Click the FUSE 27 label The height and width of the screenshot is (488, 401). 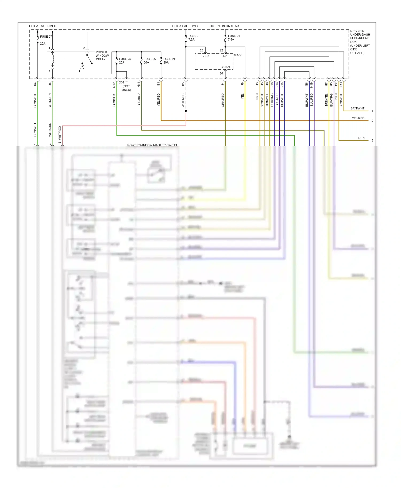click(x=46, y=37)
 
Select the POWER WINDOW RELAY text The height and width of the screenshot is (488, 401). click(x=102, y=56)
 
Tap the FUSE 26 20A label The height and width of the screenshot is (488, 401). click(x=125, y=61)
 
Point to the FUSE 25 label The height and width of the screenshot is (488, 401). click(x=149, y=59)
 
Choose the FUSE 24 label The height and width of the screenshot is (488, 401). click(x=169, y=59)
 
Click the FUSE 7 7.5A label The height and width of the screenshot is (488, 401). click(x=193, y=38)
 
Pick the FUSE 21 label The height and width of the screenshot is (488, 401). click(x=234, y=36)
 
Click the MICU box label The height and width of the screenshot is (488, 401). click(x=237, y=55)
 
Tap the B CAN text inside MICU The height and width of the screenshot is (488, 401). click(x=225, y=67)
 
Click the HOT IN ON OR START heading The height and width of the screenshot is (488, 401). click(x=225, y=26)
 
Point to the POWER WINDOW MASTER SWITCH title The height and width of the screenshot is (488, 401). click(x=153, y=145)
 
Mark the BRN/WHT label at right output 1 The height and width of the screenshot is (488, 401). click(x=357, y=108)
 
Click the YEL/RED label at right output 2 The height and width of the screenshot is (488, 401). click(x=358, y=118)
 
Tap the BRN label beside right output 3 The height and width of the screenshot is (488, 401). click(x=361, y=138)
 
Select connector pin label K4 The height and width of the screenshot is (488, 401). click(x=35, y=84)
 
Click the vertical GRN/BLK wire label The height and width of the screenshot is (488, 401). click(x=114, y=100)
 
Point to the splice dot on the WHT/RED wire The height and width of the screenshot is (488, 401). click(x=186, y=111)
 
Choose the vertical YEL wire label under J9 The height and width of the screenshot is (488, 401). click(x=242, y=96)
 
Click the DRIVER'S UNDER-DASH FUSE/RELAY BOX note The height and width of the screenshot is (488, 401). click(x=360, y=42)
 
